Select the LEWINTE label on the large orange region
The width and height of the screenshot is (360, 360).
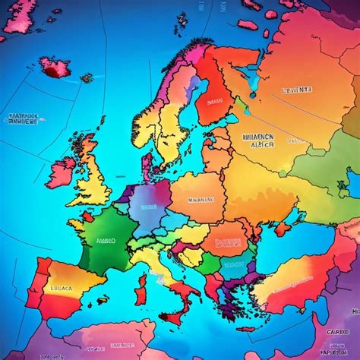point(297,90)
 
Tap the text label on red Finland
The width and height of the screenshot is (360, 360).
point(215,100)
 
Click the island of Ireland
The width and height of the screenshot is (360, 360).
point(61,171)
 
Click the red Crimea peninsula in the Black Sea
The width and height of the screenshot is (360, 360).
point(283,228)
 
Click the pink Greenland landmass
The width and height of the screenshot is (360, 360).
point(19,15)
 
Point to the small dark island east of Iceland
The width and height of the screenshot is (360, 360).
point(87,77)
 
